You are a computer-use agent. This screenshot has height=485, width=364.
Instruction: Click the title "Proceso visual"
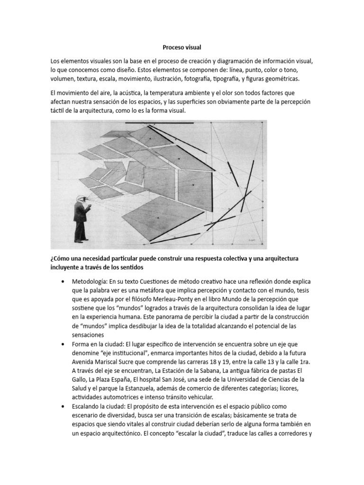(x=182, y=47)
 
